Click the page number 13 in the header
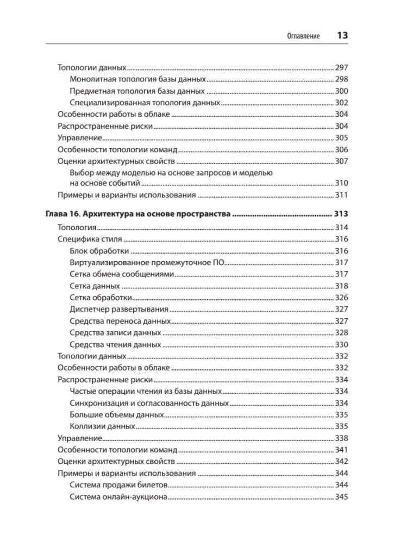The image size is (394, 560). pos(342,35)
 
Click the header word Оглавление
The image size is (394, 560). pos(303,36)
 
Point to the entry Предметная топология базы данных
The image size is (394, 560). pos(137,91)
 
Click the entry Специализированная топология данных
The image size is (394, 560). pos(145,102)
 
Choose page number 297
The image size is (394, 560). pos(341,68)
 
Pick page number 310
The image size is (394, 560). pos(341,183)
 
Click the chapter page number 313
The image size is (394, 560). pos(341,215)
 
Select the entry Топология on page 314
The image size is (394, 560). pos(77,228)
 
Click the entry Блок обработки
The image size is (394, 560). pos(99,251)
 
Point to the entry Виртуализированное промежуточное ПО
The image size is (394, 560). pos(147,262)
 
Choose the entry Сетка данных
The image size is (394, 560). pos(95,286)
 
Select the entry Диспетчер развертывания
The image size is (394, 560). pos(119,309)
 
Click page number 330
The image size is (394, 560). pos(341,344)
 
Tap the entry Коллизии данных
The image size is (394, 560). pos(102,426)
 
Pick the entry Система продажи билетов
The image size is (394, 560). pos(119,485)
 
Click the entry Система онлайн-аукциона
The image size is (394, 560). pos(118,496)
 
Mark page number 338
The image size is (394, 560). pos(341,438)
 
